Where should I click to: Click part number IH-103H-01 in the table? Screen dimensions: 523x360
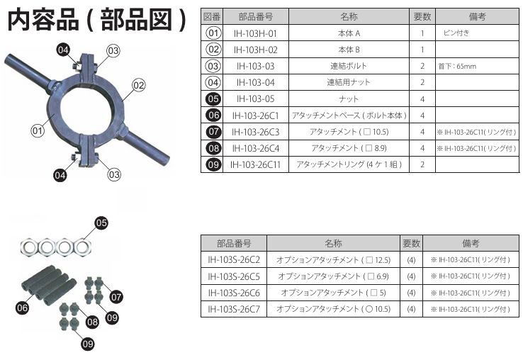pyautogui.click(x=255, y=33)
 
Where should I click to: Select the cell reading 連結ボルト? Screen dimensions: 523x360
pyautogui.click(x=349, y=66)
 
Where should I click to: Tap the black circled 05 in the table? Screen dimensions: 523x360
pyautogui.click(x=213, y=99)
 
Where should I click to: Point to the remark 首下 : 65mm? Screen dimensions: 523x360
pyautogui.click(x=457, y=67)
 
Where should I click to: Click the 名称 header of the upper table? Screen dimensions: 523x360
pyautogui.click(x=349, y=17)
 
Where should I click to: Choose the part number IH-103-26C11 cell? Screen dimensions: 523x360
pyautogui.click(x=255, y=164)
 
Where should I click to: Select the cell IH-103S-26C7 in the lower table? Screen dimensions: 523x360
pyautogui.click(x=233, y=309)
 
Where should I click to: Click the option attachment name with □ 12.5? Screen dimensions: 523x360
pyautogui.click(x=333, y=260)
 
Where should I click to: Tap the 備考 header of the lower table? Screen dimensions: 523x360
pyautogui.click(x=471, y=244)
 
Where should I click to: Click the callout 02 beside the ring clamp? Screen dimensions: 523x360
pyautogui.click(x=139, y=85)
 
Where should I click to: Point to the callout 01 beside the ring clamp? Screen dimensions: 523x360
pyautogui.click(x=38, y=130)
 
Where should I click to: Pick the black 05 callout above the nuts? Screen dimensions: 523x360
pyautogui.click(x=101, y=223)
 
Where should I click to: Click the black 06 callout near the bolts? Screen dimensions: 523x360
pyautogui.click(x=22, y=308)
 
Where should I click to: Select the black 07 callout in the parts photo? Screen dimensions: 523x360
pyautogui.click(x=116, y=297)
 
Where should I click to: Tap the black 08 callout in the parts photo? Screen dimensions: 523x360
pyautogui.click(x=92, y=322)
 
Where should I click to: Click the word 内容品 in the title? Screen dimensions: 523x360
pyautogui.click(x=43, y=20)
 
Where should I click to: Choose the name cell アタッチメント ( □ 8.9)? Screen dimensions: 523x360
pyautogui.click(x=349, y=148)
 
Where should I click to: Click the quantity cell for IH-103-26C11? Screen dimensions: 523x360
pyautogui.click(x=422, y=164)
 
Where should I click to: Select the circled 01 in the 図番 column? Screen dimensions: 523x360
pyautogui.click(x=213, y=33)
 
